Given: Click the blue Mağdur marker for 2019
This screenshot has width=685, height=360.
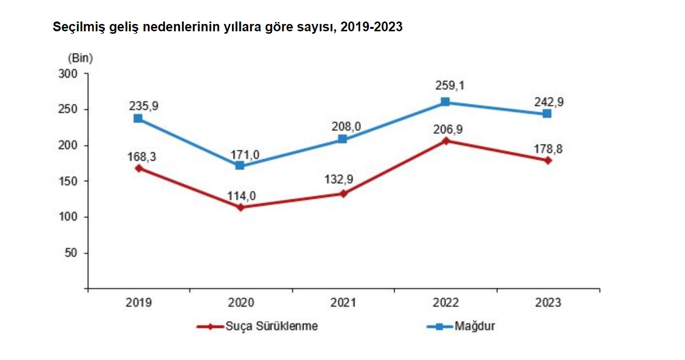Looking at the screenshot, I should click(x=138, y=118).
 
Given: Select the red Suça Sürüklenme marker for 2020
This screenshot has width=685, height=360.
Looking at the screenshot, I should click(x=240, y=207).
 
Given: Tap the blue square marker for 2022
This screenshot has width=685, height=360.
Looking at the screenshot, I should click(x=445, y=102).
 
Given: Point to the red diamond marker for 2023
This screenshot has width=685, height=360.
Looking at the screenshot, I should click(x=548, y=160).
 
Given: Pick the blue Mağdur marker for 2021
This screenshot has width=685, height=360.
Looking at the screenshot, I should click(x=342, y=139).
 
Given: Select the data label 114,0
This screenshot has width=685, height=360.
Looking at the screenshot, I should click(x=241, y=196).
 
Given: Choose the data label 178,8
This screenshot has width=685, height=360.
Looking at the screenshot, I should click(x=548, y=149).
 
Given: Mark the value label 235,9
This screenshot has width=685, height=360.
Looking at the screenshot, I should click(x=144, y=106).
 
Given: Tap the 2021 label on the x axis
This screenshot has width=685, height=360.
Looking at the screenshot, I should click(x=343, y=303).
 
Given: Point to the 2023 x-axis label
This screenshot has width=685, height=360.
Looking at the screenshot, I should click(x=548, y=303).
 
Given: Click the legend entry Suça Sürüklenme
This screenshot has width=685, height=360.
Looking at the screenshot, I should click(x=271, y=326).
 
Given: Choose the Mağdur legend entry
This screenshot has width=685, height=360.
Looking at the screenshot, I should click(x=474, y=326).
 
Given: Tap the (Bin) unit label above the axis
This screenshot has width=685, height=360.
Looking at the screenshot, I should click(x=80, y=58).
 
